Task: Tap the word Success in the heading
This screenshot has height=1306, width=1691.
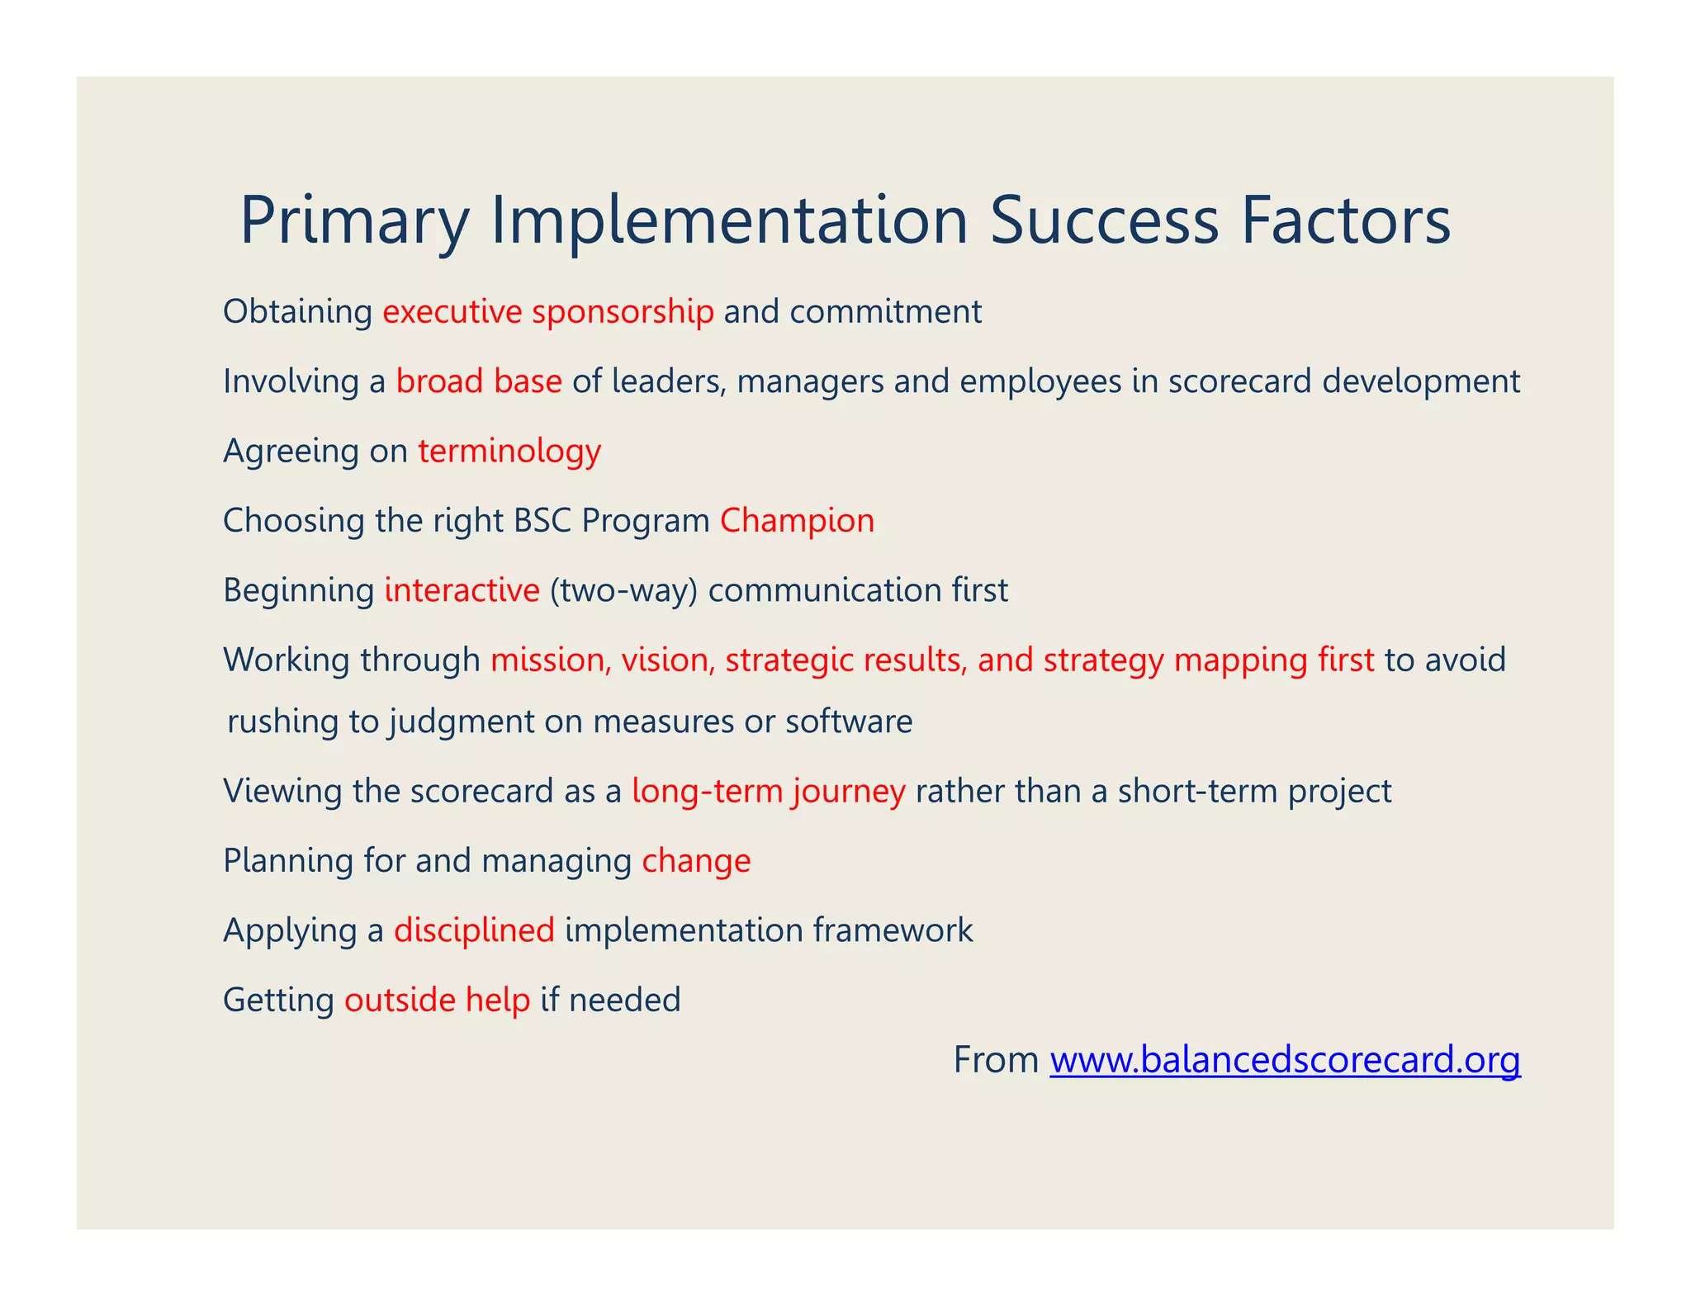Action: pos(1104,221)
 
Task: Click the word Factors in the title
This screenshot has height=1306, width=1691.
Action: pos(1345,221)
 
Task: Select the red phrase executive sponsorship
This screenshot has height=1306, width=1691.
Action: pos(547,312)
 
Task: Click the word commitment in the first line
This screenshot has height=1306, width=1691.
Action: pos(885,312)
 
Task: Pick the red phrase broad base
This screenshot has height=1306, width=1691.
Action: pos(479,381)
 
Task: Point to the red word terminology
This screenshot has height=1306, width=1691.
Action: pos(509,452)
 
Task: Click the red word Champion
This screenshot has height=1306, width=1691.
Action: pos(797,521)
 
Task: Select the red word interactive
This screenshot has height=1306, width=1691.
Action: pos(462,590)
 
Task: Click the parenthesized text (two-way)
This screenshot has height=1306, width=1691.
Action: pos(623,590)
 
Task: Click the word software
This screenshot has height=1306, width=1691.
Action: pos(849,722)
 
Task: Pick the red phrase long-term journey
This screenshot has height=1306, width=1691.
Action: pos(768,791)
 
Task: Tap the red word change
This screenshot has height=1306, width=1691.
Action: pos(696,861)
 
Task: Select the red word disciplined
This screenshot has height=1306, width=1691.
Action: pos(474,930)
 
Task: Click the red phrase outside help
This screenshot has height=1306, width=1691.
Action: pos(437,1000)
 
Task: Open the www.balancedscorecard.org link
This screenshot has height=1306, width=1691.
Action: pos(1285,1060)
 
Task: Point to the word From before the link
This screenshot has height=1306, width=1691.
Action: pos(996,1060)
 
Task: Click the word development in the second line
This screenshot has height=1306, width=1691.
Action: pos(1420,381)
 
